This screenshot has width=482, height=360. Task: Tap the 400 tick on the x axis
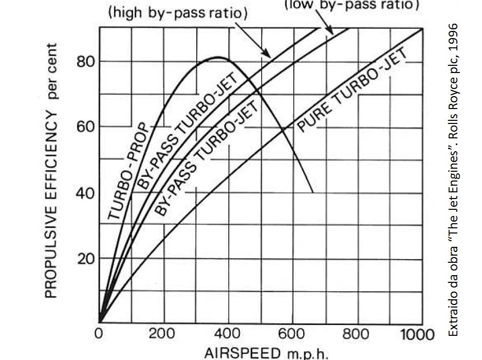tap(228, 335)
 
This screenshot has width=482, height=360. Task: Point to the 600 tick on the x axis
tap(293, 335)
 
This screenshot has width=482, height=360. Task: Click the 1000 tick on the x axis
tap(417, 335)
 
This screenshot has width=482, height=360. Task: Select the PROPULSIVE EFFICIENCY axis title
tap(51, 170)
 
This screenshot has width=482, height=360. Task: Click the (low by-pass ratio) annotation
tap(352, 5)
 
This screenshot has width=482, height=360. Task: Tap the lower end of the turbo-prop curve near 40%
tap(312, 192)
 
